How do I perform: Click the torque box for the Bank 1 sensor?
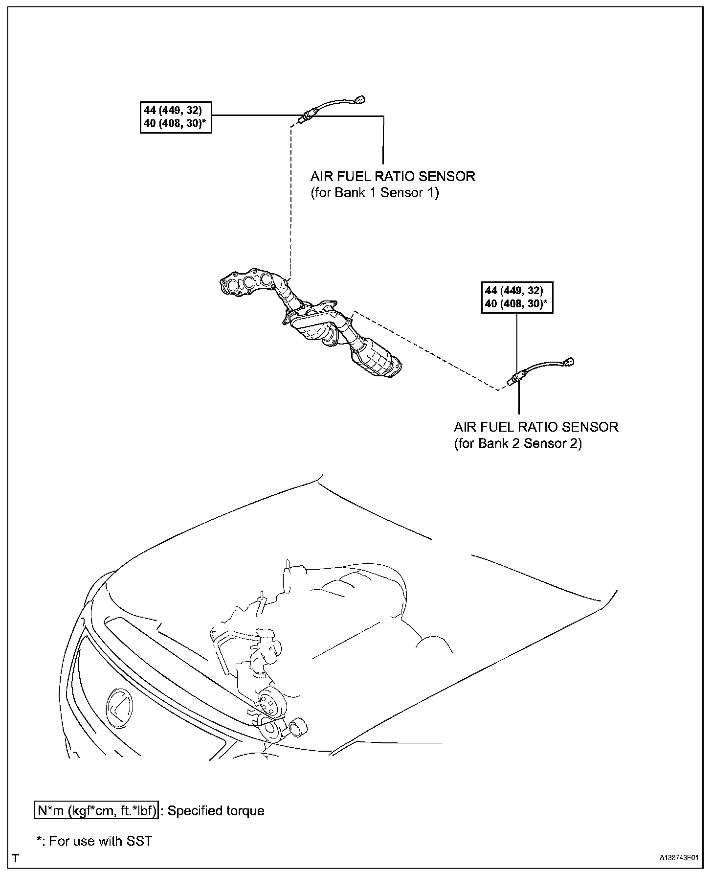[x=176, y=116]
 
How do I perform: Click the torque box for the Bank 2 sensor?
[x=517, y=297]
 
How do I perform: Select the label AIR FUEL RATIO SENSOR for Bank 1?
[x=393, y=176]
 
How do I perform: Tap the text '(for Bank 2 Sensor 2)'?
[x=517, y=443]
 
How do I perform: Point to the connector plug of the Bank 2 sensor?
[x=569, y=362]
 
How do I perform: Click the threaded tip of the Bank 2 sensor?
[x=510, y=382]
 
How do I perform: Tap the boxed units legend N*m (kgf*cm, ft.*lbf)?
[x=96, y=811]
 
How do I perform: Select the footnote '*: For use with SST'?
[x=94, y=841]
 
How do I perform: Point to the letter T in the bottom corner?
[x=16, y=858]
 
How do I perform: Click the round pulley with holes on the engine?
[x=268, y=703]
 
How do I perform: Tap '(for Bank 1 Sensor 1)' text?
[x=375, y=193]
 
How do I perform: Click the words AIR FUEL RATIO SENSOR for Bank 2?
[x=536, y=427]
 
